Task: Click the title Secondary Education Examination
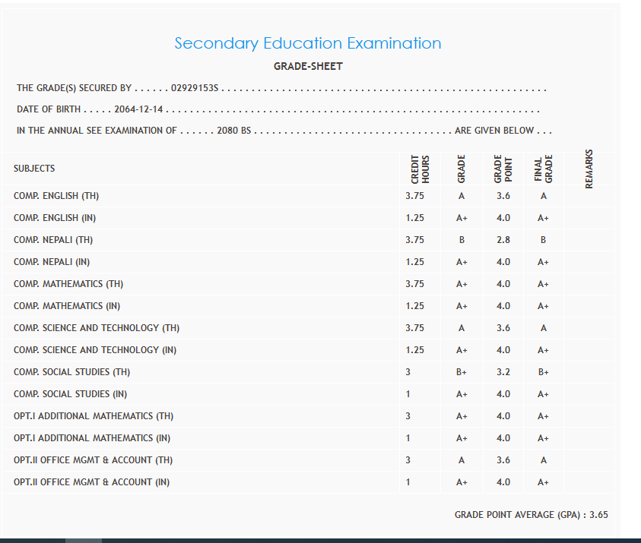click(308, 43)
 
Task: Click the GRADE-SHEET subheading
click(308, 66)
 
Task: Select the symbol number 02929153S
click(195, 88)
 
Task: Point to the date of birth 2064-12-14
click(139, 109)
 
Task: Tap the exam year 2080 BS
click(233, 131)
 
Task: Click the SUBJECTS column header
click(34, 169)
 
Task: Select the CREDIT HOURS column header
click(420, 169)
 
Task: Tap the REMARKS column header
click(589, 168)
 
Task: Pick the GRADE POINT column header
click(503, 169)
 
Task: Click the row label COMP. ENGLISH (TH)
click(56, 196)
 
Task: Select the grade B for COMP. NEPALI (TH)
click(461, 240)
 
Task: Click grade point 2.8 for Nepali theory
click(503, 240)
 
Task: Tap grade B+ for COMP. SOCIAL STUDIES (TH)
click(461, 372)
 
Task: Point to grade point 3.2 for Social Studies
click(503, 372)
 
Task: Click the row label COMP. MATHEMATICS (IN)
click(67, 306)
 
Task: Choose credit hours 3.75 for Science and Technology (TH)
click(415, 328)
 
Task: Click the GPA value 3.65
click(598, 515)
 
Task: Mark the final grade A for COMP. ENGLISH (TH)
click(543, 196)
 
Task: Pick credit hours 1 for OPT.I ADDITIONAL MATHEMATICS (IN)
click(408, 438)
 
